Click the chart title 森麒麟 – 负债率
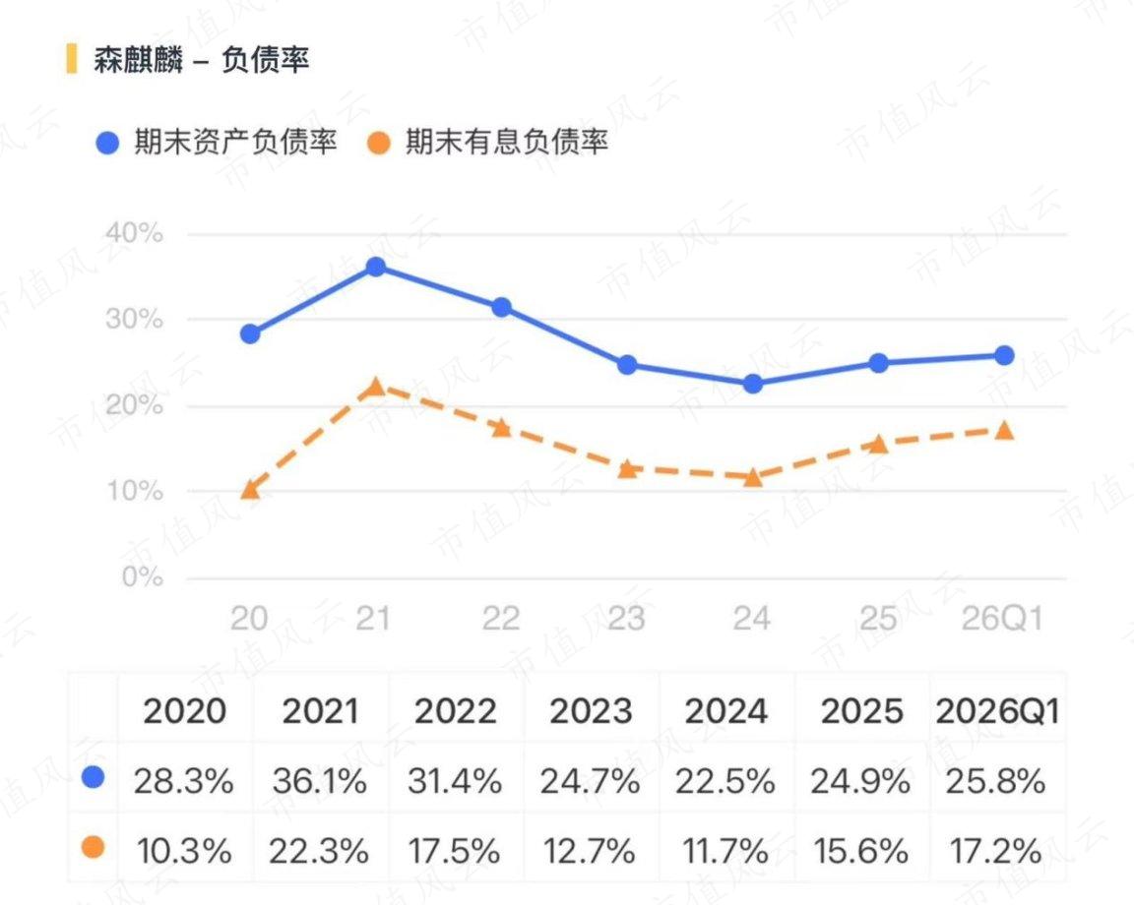point(201,59)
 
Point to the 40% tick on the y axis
point(135,233)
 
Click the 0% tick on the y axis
point(143,576)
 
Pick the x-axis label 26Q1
point(1002,619)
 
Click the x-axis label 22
point(501,619)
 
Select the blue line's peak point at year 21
point(375,267)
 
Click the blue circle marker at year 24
point(752,384)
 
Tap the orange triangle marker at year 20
point(250,489)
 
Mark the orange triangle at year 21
point(375,387)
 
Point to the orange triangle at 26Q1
point(1004,431)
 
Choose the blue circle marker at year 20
point(250,333)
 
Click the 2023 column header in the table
point(591,711)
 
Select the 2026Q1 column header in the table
point(997,711)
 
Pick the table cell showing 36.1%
point(319,781)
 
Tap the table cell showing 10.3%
point(184,850)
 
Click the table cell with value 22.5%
point(725,781)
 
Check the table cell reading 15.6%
point(860,850)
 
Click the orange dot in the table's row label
point(94,847)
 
